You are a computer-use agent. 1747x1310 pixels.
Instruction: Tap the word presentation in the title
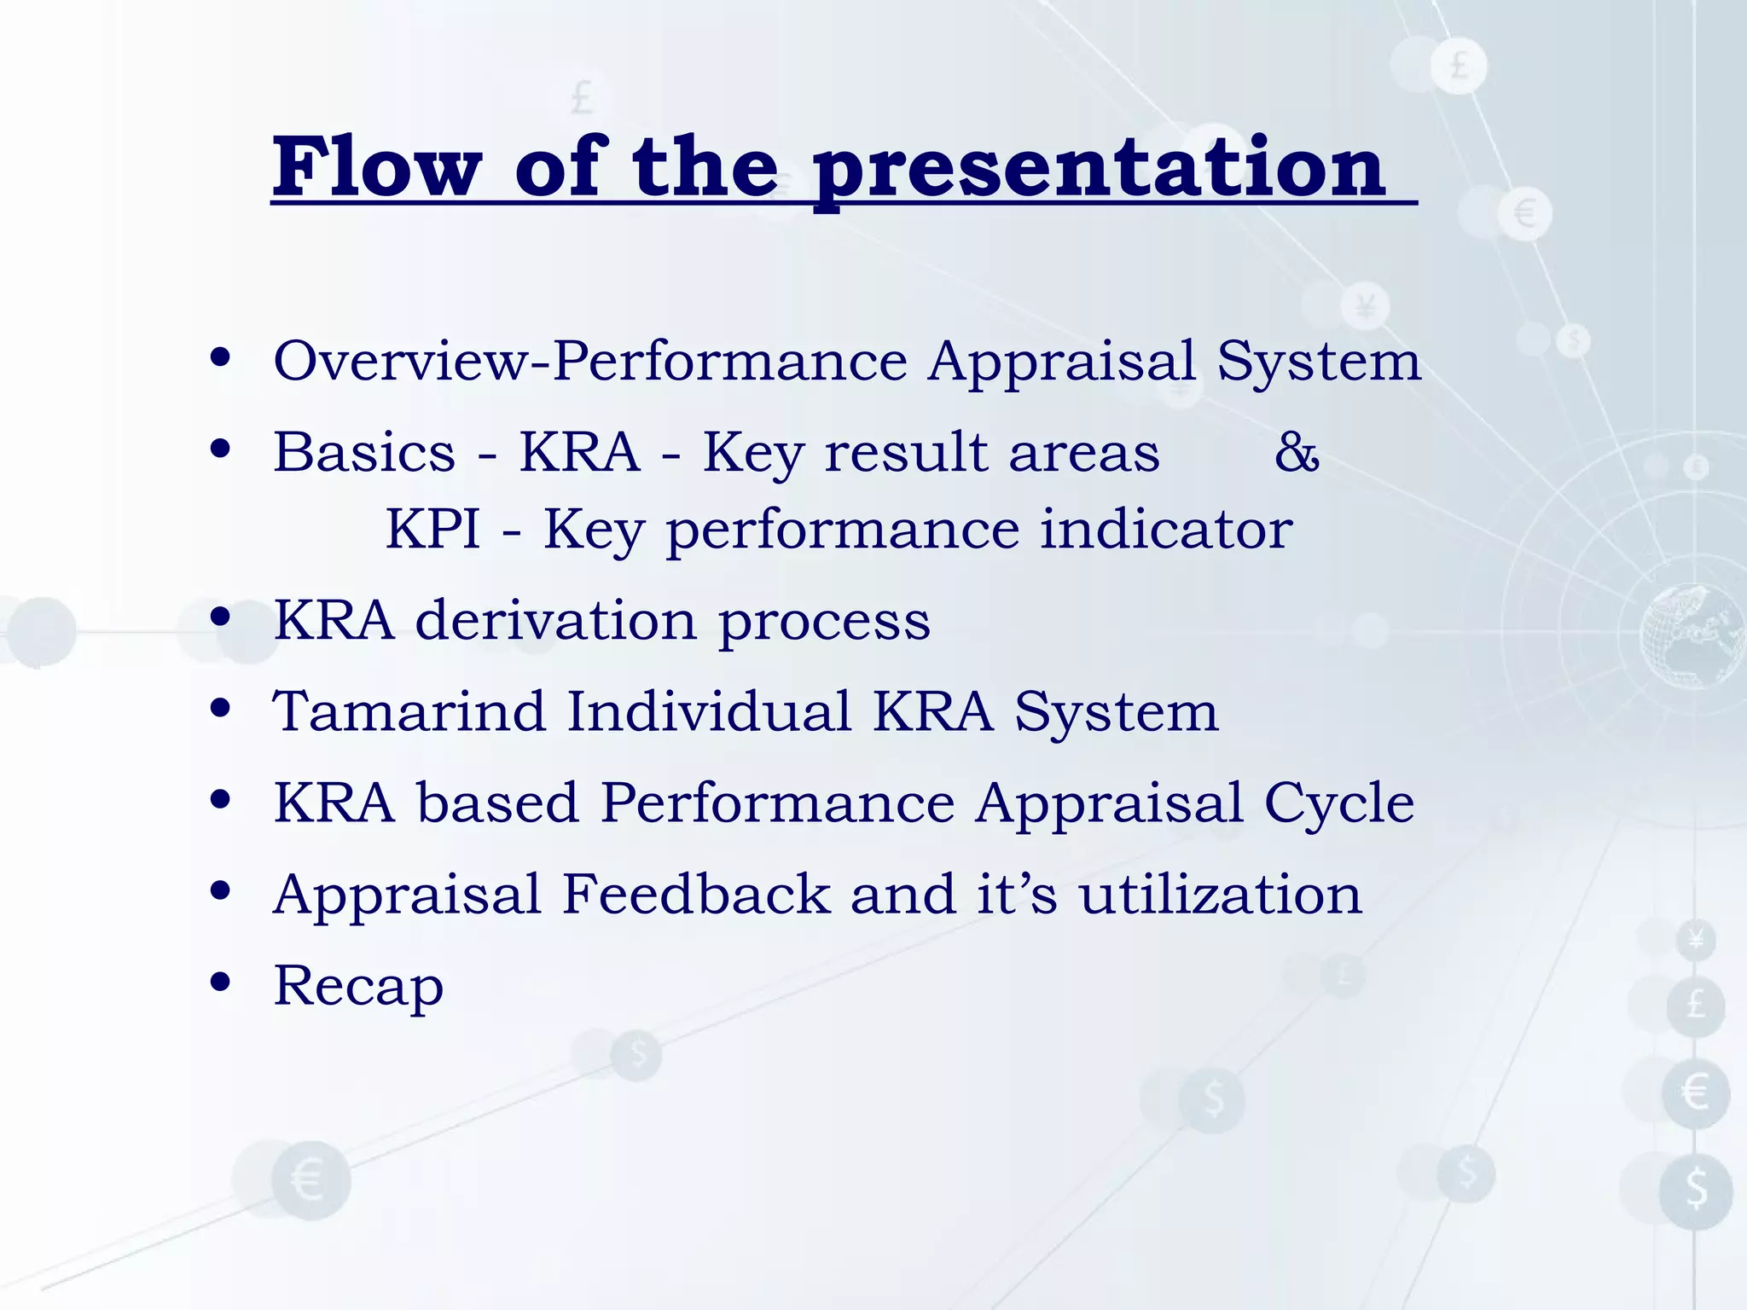1100,173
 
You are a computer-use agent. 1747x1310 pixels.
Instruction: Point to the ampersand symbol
1297,452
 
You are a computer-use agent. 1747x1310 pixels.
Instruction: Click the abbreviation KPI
432,529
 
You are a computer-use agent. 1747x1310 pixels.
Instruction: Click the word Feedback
696,894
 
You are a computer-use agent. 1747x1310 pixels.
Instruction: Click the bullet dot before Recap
220,982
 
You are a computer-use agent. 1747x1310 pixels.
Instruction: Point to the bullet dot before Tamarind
220,708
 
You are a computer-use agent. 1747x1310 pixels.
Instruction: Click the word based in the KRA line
498,803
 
